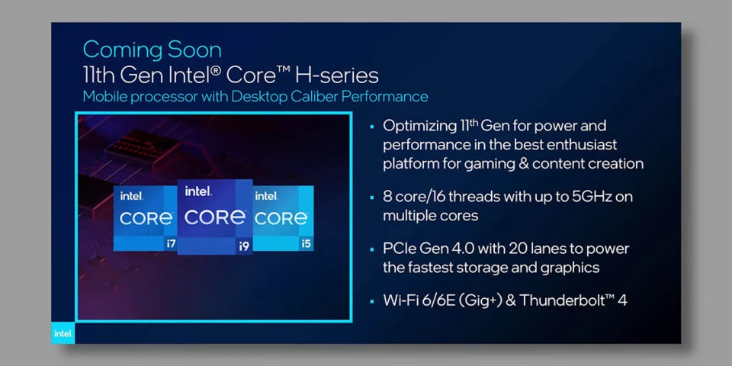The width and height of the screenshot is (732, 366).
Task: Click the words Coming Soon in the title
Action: point(152,50)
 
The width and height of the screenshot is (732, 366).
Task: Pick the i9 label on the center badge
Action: point(244,246)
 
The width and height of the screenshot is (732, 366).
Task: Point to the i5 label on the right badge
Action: point(307,243)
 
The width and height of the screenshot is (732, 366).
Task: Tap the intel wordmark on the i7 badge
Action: point(132,196)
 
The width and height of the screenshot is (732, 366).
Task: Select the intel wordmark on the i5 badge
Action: point(265,196)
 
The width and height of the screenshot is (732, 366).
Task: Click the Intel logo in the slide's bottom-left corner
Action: point(63,332)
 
